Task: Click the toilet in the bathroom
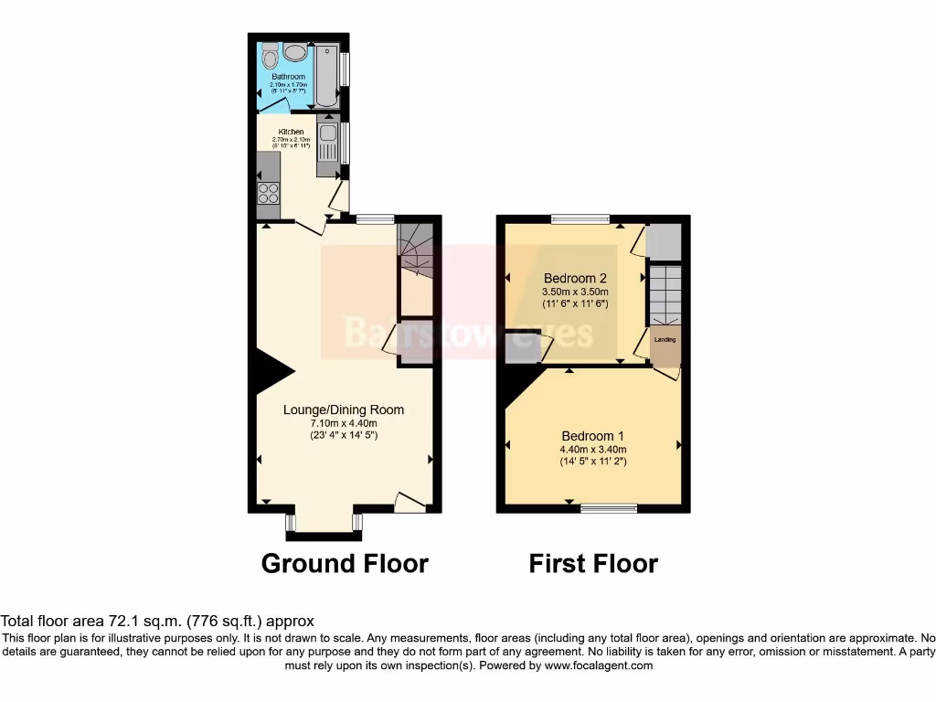(269, 58)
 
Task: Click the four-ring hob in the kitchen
(269, 193)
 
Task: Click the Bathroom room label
(288, 77)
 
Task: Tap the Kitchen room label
(291, 132)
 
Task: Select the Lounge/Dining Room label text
(343, 409)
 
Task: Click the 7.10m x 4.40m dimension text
(343, 422)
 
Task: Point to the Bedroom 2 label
(575, 278)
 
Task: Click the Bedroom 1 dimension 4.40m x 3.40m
(593, 449)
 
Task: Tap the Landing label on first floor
(665, 340)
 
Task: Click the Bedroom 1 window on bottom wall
(609, 507)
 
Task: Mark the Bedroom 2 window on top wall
(580, 218)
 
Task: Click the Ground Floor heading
(345, 563)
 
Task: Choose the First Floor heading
(592, 564)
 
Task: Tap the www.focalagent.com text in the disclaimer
(599, 665)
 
